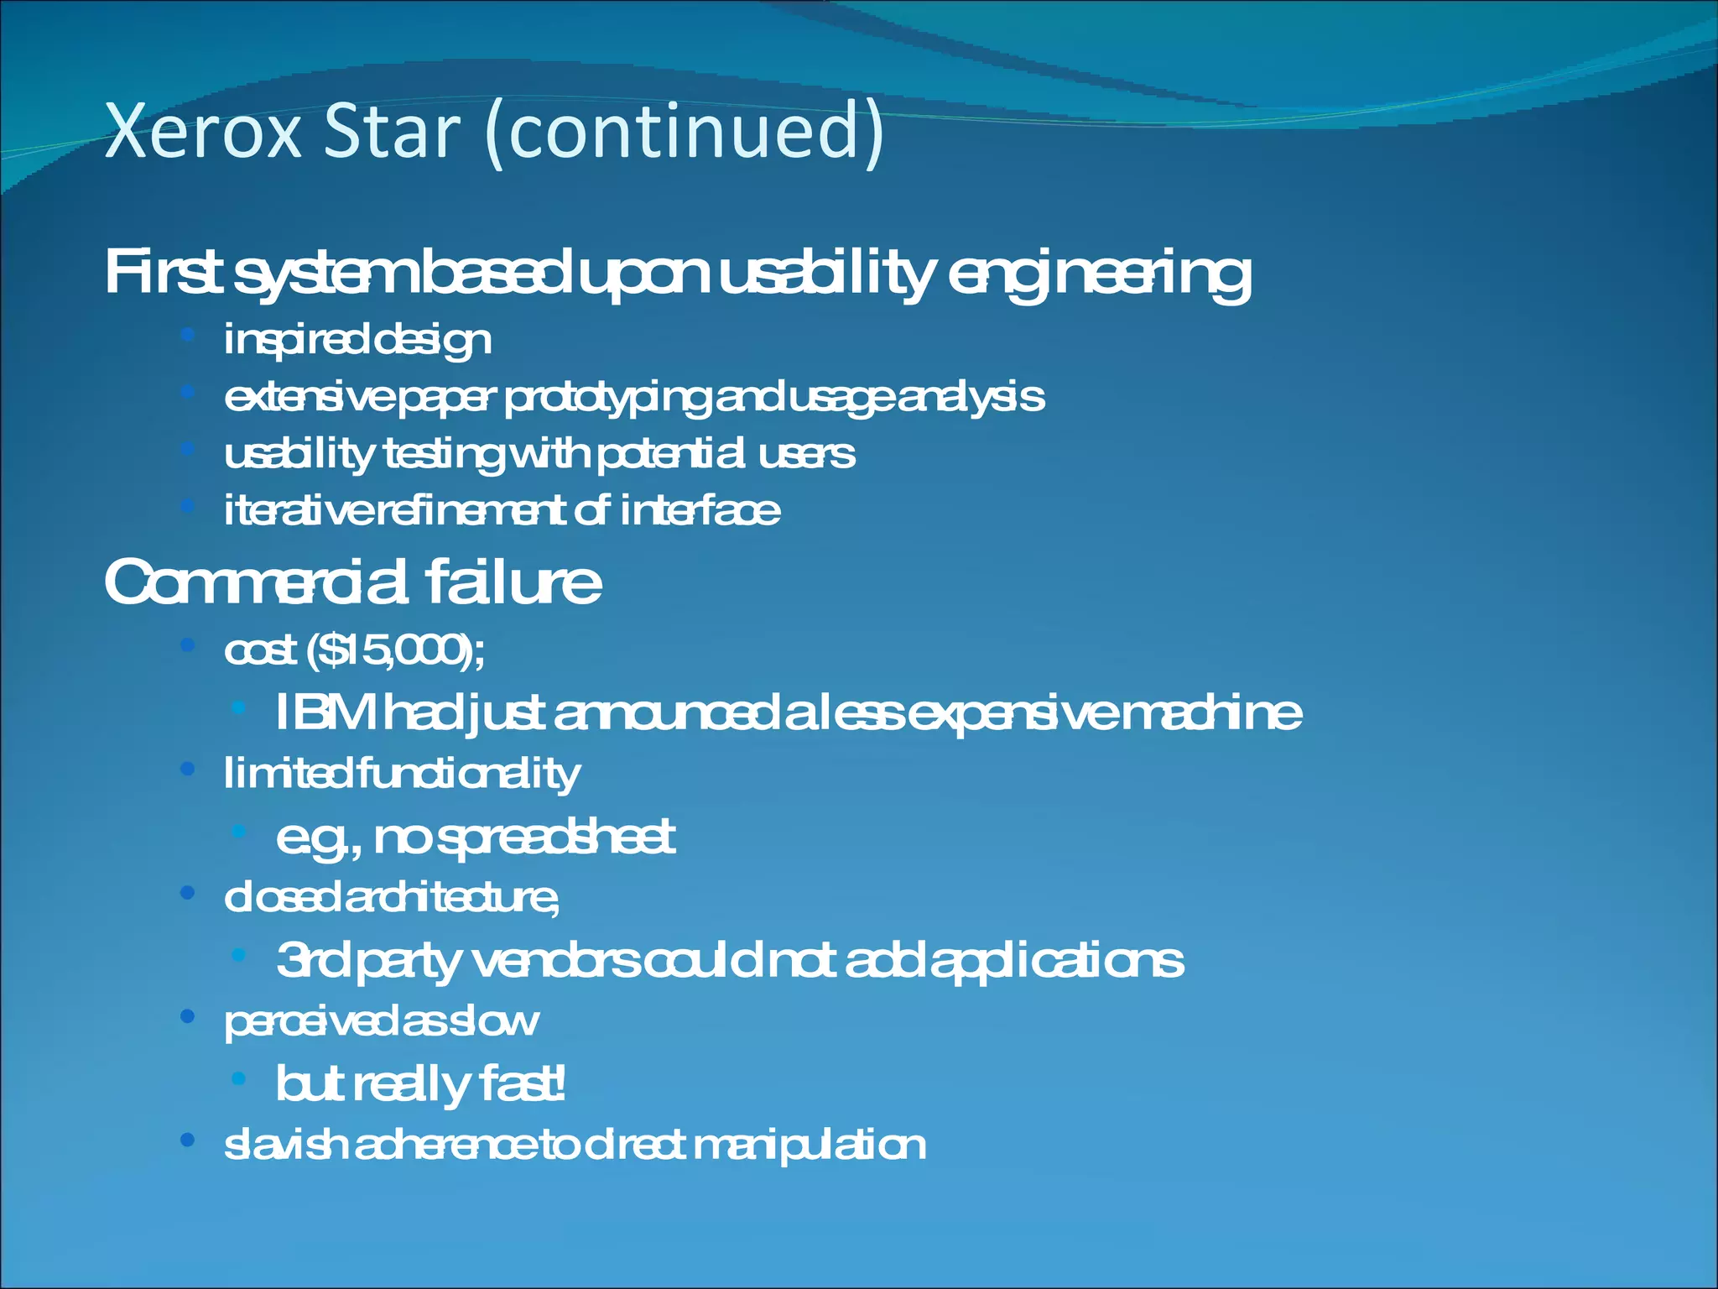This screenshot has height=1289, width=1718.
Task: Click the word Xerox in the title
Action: point(203,132)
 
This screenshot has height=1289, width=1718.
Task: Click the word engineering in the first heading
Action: point(1099,274)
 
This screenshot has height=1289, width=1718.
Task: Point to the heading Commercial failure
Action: point(352,582)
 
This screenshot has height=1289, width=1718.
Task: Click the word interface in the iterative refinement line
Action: point(700,511)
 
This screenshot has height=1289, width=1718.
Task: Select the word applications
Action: point(1057,961)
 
